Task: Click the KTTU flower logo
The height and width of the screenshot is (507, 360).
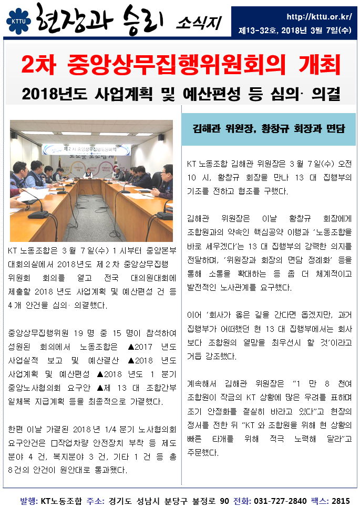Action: point(18,19)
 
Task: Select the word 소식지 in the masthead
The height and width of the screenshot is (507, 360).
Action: point(199,22)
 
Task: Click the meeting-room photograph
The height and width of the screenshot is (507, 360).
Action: point(91,180)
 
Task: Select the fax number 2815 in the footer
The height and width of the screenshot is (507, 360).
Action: point(342,500)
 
